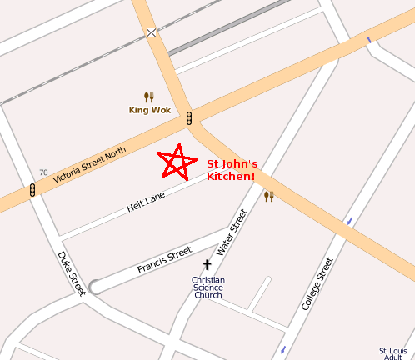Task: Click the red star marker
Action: point(177,162)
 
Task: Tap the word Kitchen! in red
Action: point(231,177)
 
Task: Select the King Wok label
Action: point(149,110)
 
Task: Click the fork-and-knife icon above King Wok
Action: point(149,97)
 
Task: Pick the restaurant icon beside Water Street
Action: point(268,197)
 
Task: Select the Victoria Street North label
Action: point(89,164)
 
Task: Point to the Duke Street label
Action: point(71,272)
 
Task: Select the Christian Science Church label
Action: point(207,287)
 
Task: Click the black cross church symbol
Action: point(207,265)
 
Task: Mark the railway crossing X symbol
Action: point(151,33)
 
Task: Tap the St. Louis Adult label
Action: point(392,353)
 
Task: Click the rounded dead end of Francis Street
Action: point(96,286)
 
